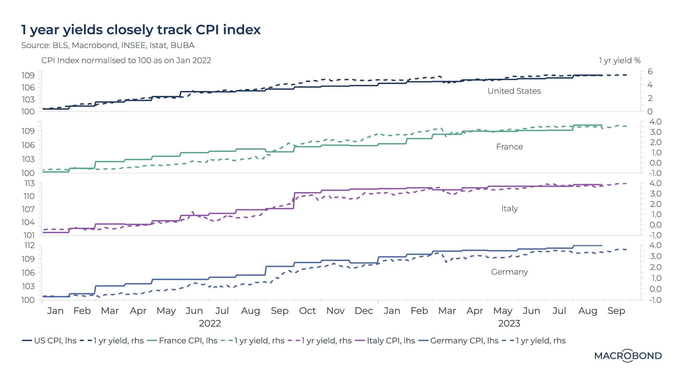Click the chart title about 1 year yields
pos(141,30)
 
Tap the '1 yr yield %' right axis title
pos(619,60)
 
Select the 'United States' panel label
pos(514,91)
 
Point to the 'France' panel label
pos(509,147)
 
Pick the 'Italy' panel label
pos(509,209)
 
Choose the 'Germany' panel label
pos(509,272)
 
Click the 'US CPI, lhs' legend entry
pos(49,341)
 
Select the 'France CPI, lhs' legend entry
pos(182,341)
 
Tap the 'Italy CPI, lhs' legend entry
pos(385,341)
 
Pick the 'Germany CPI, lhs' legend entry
pos(459,341)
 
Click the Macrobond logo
pos(628,356)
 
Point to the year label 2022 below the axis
pos(210,323)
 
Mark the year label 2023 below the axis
pos(509,323)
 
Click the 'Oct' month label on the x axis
pos(307,311)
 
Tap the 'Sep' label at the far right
pos(616,311)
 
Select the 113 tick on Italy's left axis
pos(29,183)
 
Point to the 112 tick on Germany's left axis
pos(29,245)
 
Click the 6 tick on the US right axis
pos(650,72)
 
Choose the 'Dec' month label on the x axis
pos(364,311)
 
